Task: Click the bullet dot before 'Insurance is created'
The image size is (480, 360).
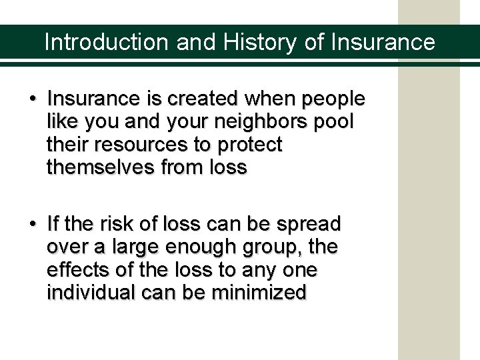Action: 33,100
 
